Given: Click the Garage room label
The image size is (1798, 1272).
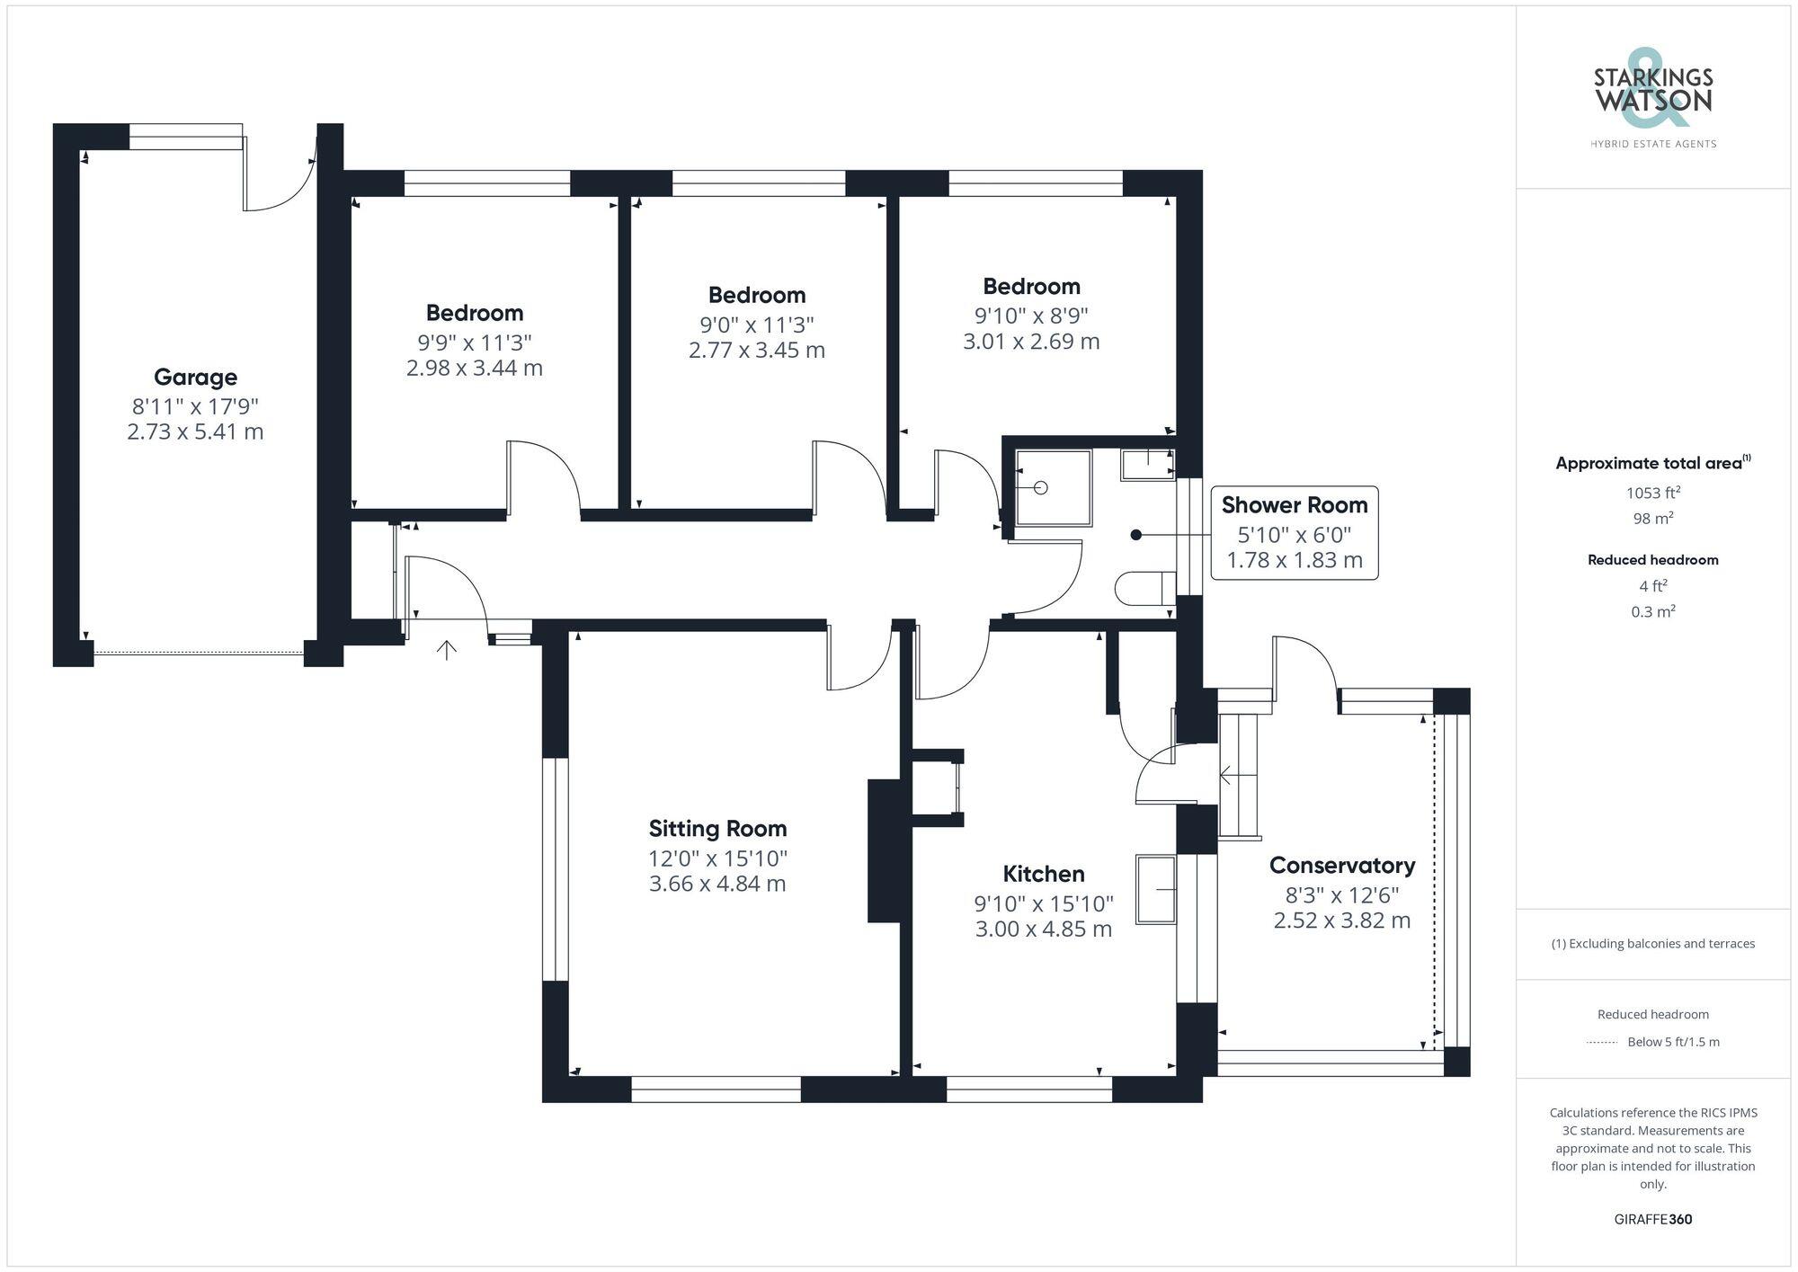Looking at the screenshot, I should click(x=195, y=378).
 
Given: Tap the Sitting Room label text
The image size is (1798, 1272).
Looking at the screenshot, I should click(x=717, y=829).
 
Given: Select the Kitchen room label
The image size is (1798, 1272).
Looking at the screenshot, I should click(x=1043, y=874).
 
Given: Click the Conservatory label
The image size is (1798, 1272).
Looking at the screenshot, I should click(x=1341, y=866).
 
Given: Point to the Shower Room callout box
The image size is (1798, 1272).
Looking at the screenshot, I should click(x=1294, y=532).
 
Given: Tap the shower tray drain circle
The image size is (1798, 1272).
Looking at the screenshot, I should click(x=1041, y=488).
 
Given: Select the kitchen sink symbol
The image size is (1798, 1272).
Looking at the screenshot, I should click(x=1156, y=890).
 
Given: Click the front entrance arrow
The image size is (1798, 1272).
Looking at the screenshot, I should click(x=447, y=649).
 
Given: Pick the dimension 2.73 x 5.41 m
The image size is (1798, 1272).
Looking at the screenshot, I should click(x=195, y=432).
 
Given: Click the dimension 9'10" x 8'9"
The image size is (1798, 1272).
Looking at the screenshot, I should click(x=1031, y=316).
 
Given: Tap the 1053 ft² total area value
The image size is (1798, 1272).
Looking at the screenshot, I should click(x=1652, y=493).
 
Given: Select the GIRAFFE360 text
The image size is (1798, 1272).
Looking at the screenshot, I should click(x=1652, y=1220).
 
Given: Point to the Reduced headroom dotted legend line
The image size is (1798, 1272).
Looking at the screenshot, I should click(x=1602, y=1043).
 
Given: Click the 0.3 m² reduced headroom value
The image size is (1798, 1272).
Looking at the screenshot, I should click(x=1652, y=612).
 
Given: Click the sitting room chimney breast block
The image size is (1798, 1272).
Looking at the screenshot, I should click(x=883, y=850).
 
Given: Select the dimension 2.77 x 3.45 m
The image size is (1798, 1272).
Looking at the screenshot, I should click(x=756, y=351).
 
